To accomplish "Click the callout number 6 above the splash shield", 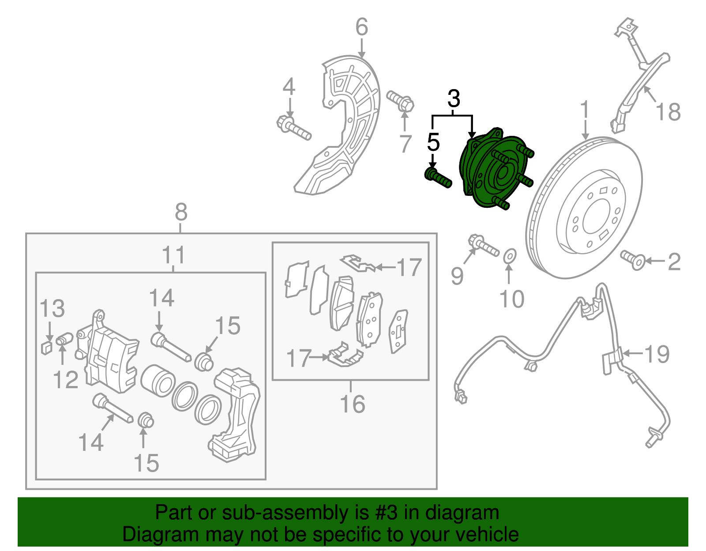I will point(362,27).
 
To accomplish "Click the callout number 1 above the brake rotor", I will point(585,110).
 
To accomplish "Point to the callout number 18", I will point(668,112).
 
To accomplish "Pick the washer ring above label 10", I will point(510,255).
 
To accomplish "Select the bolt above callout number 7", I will point(401,101).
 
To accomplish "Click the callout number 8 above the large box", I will point(181,212).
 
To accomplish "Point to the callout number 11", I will point(173,255).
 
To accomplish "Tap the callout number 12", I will point(66,380).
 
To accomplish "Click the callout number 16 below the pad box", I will point(353,404).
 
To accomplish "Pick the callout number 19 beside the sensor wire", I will point(657,354).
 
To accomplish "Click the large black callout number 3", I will point(454,99).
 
